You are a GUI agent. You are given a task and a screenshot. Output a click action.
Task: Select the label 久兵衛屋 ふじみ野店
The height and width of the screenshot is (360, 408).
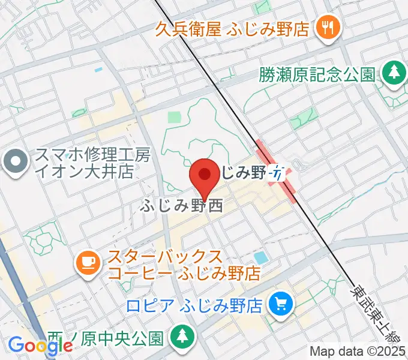(x=232, y=28)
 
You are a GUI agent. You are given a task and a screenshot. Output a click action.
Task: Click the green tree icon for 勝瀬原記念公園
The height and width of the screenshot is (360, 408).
(x=394, y=73)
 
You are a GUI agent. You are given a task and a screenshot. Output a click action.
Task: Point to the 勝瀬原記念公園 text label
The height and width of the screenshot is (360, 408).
(x=317, y=74)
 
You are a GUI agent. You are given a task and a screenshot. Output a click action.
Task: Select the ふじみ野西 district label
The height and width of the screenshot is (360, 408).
(x=182, y=206)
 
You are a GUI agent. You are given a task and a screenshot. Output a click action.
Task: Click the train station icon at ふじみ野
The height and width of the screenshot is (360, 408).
(x=277, y=173)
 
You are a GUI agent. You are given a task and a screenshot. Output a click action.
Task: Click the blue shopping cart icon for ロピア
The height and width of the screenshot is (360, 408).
(x=280, y=305)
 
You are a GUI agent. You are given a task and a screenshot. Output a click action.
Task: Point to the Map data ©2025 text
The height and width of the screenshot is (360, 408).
(x=358, y=351)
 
